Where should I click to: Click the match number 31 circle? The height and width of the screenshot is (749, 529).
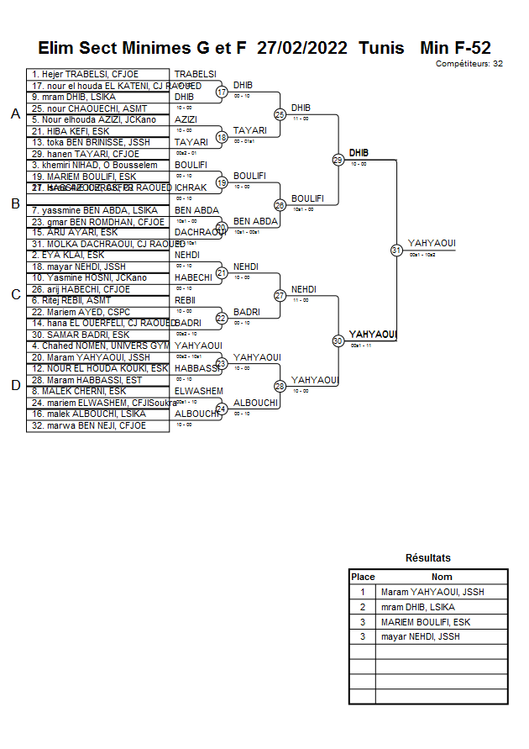pos(396,250)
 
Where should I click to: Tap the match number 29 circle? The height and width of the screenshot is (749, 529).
pos(338,159)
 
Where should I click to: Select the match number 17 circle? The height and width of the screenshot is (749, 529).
pos(222,92)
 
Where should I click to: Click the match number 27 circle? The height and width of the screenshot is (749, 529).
pos(280,295)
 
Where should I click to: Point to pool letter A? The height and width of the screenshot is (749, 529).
pos(14,114)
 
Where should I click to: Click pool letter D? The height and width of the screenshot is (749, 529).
pos(14,385)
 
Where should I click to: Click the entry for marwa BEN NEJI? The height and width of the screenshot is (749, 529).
pos(88,425)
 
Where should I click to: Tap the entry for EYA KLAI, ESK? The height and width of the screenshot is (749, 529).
pos(68,255)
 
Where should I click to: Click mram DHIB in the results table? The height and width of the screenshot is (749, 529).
pos(417,607)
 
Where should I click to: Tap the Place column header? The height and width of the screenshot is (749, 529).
pos(363,577)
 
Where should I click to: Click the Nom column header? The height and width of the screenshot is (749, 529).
pos(442,577)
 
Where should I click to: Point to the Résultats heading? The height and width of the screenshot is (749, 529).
pos(427,557)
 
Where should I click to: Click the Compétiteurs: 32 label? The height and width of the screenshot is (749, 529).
pos(469,63)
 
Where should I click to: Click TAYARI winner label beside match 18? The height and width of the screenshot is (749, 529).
pos(249,130)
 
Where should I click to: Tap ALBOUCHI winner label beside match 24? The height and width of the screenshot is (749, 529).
pos(255,403)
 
